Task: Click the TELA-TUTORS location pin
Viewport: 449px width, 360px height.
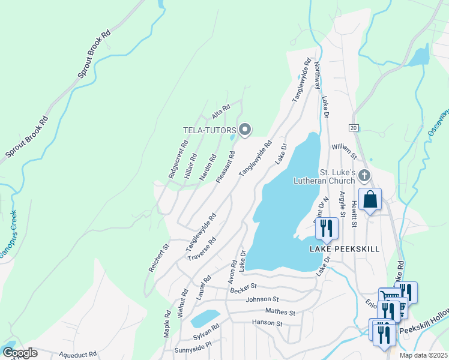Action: pyautogui.click(x=245, y=129)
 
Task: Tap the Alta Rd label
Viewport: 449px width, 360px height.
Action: pyautogui.click(x=221, y=112)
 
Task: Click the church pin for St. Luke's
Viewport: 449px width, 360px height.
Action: pyautogui.click(x=366, y=175)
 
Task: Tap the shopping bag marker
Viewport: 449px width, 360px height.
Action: pyautogui.click(x=370, y=199)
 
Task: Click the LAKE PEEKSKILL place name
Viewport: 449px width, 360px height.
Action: pyautogui.click(x=345, y=248)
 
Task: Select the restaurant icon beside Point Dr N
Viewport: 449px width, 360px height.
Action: pyautogui.click(x=327, y=228)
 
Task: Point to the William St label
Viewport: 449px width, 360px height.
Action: pyautogui.click(x=344, y=151)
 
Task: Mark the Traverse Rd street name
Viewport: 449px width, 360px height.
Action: pyautogui.click(x=202, y=249)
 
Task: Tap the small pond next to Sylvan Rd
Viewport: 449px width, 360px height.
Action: pyautogui.click(x=205, y=318)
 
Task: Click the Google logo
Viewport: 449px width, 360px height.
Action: pyautogui.click(x=20, y=352)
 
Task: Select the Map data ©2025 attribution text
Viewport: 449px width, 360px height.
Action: pyautogui.click(x=423, y=355)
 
